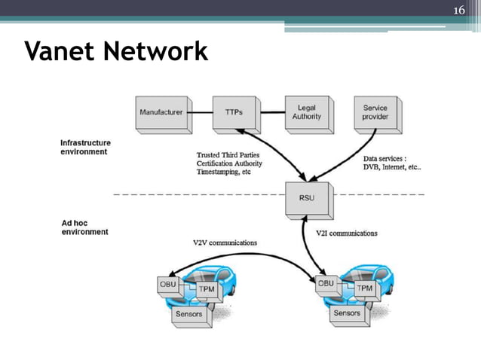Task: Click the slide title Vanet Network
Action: (x=115, y=52)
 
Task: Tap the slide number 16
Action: (x=459, y=10)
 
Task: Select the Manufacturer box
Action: (x=161, y=112)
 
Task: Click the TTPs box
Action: (x=234, y=112)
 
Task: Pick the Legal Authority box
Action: (x=306, y=112)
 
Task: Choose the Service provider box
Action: (x=375, y=112)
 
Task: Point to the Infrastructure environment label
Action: (x=85, y=146)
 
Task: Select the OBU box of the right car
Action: (x=326, y=284)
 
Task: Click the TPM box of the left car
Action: (x=206, y=288)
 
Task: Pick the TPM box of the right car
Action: (x=364, y=288)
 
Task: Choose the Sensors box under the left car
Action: (x=188, y=314)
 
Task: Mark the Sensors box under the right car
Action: (x=347, y=313)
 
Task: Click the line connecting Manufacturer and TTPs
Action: (x=199, y=112)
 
